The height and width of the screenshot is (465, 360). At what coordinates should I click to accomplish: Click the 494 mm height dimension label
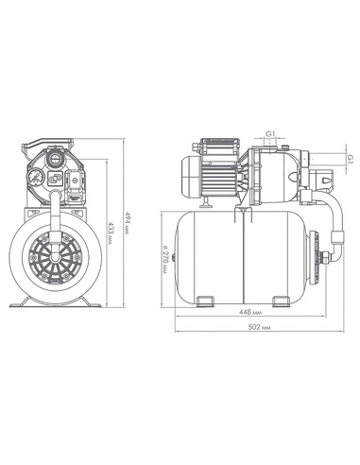pos(128,222)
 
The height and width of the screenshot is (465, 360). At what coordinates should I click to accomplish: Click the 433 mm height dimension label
pos(111,232)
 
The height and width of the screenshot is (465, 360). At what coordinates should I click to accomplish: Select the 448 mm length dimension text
pos(250,312)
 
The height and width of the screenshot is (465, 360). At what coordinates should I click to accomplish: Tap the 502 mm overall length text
pos(259,327)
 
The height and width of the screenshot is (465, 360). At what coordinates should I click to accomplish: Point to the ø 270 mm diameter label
pos(165,259)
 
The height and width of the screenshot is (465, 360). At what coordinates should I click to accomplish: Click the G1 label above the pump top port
pos(270,134)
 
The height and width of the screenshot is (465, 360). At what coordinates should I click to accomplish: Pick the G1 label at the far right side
pos(351,159)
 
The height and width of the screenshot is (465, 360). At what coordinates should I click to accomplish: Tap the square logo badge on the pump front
pos(55,179)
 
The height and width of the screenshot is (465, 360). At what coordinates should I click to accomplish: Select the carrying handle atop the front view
pos(47,145)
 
